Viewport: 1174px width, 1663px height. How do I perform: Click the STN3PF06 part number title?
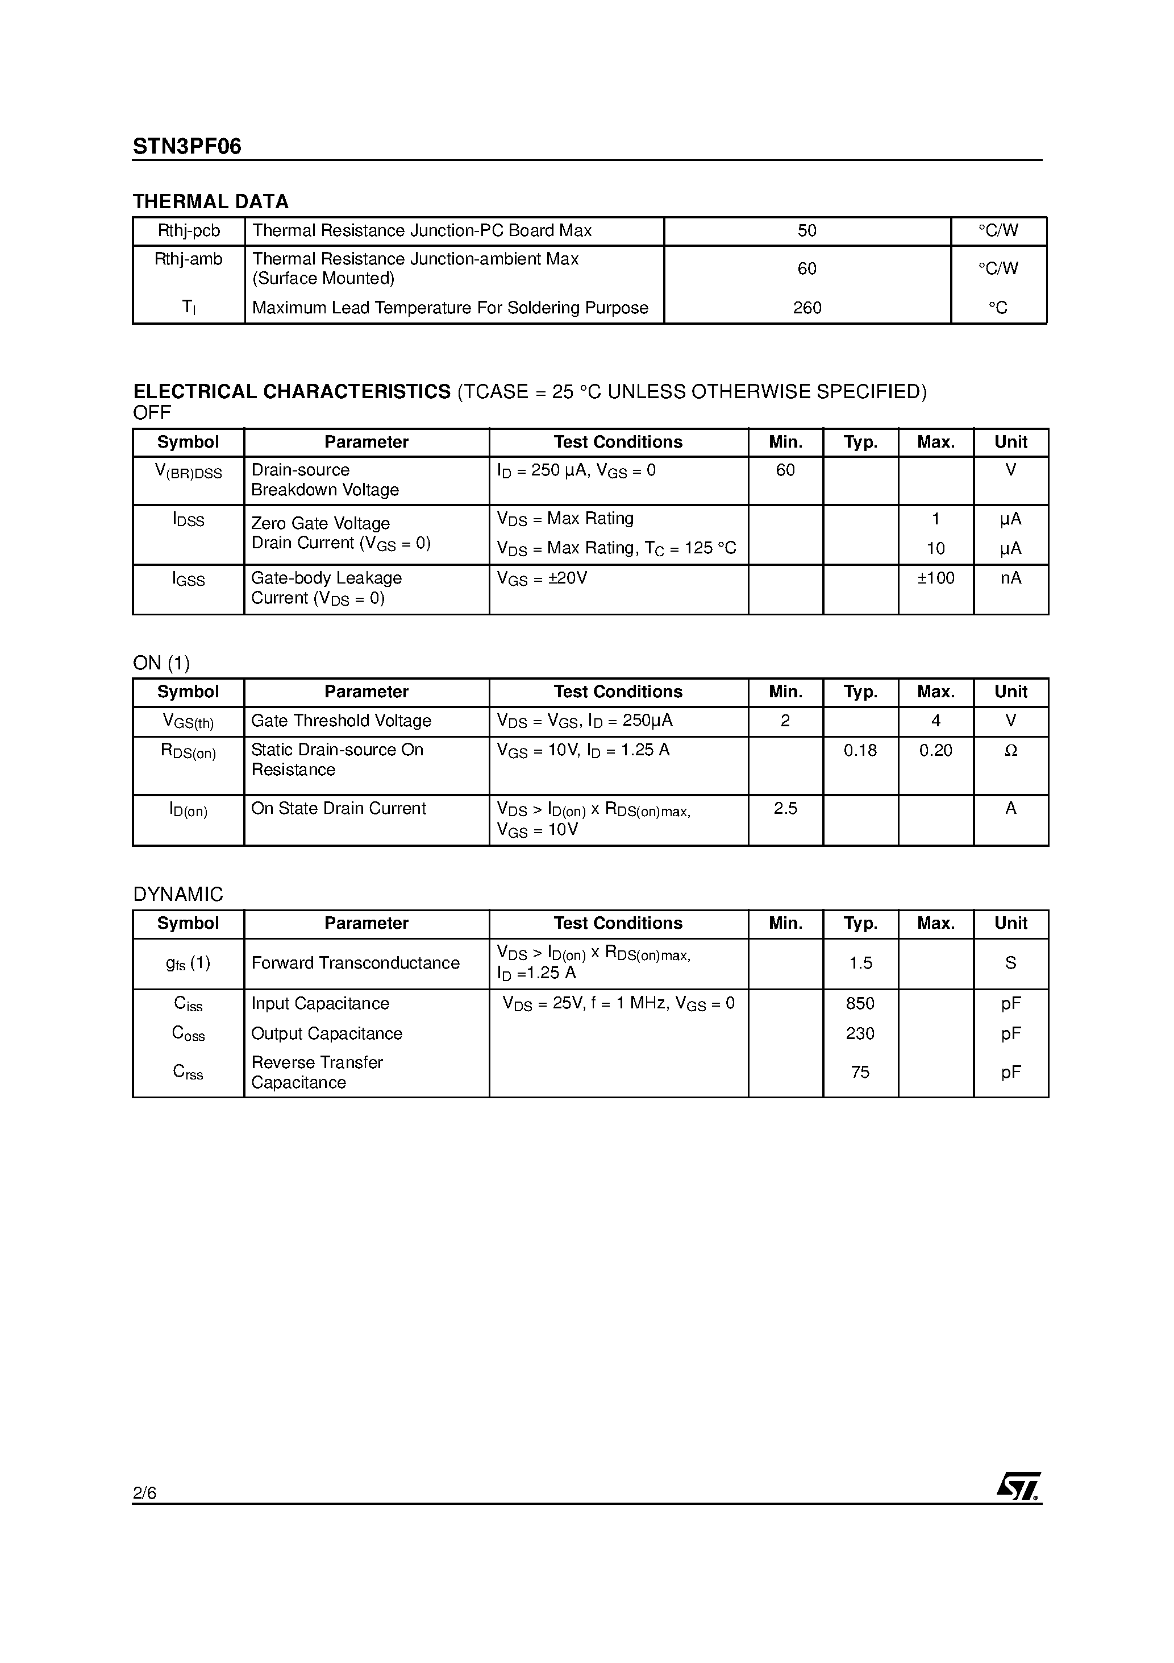coord(187,147)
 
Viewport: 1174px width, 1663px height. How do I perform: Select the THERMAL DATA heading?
coord(211,201)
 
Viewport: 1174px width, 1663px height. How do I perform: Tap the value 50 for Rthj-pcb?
coord(806,230)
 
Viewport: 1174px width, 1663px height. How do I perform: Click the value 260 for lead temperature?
coord(806,308)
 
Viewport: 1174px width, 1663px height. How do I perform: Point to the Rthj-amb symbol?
coord(188,259)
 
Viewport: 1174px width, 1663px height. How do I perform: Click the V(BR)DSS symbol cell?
coord(188,472)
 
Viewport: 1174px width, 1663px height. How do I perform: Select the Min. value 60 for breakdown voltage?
coord(785,470)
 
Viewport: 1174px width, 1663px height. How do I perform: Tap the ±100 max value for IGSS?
coord(935,578)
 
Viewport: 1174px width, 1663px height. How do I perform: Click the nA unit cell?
coord(1010,578)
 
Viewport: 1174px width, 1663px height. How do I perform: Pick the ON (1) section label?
coord(161,663)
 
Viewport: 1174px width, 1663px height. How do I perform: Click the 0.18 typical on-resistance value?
coord(860,750)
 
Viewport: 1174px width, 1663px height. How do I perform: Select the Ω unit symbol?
coord(1010,750)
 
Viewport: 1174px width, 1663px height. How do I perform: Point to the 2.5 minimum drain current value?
coord(785,808)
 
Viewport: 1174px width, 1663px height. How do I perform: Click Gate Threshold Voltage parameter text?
coord(341,721)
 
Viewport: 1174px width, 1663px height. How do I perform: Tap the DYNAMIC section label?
coord(178,895)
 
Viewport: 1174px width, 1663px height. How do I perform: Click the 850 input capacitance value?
coord(860,1003)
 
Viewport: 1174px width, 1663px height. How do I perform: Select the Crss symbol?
coord(188,1072)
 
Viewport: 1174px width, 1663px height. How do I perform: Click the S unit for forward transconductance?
coord(1010,963)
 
